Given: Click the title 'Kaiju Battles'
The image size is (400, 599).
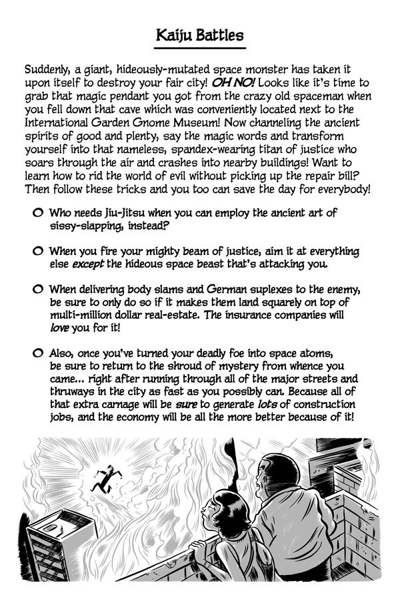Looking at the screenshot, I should (200, 35).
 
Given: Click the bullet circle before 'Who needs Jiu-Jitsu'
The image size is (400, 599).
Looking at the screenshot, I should (37, 212).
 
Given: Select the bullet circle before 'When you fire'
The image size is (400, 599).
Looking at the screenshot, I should (37, 252).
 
